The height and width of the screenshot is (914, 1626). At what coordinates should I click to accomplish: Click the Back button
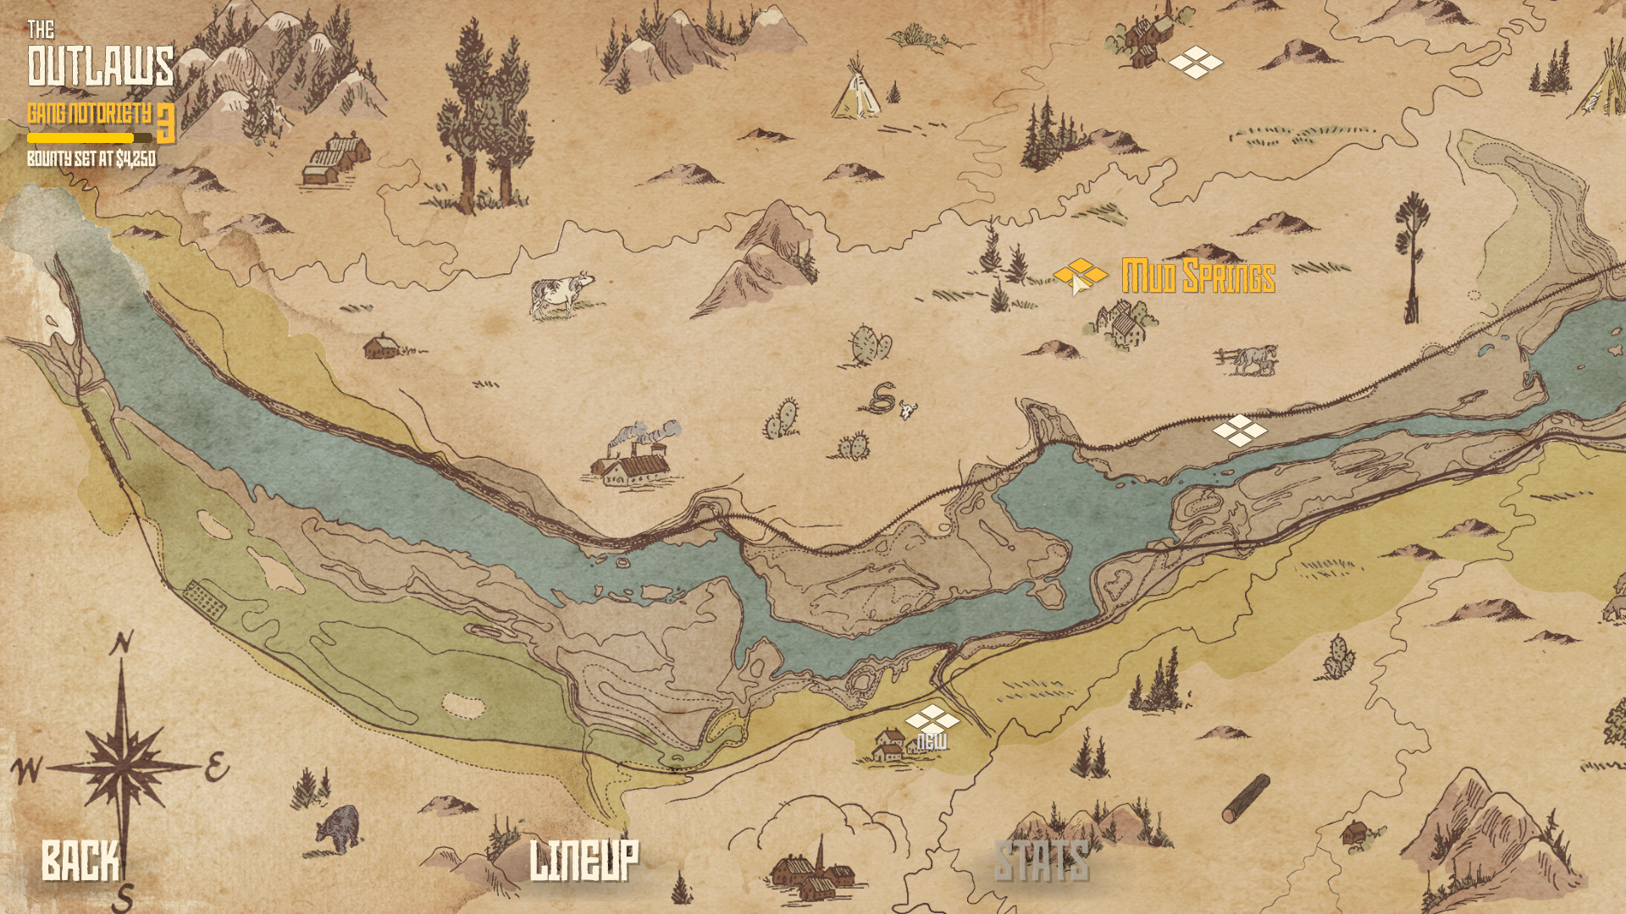[x=80, y=861]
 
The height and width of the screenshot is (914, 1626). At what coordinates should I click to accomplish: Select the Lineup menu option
[x=583, y=861]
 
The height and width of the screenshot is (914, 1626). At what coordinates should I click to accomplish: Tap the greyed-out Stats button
[x=1041, y=862]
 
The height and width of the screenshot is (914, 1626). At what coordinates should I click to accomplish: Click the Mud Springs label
[x=1197, y=277]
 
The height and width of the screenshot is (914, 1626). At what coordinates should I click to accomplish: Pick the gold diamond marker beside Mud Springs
[x=1080, y=274]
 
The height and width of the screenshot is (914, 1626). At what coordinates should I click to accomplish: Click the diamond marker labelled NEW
[x=932, y=720]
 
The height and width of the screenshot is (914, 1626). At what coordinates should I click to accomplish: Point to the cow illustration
[x=560, y=295]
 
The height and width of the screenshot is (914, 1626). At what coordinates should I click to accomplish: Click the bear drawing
[x=339, y=828]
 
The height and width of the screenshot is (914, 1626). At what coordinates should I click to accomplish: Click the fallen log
[x=1246, y=798]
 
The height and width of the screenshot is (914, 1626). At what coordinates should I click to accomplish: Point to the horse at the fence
[x=1252, y=360]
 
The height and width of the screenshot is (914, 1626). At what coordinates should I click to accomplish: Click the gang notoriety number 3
[x=166, y=124]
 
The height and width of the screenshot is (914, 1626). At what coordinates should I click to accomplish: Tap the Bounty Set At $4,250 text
[x=91, y=159]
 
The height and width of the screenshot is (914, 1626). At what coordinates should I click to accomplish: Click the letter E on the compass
[x=217, y=768]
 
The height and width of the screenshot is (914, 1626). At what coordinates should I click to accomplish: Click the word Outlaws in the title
[x=101, y=66]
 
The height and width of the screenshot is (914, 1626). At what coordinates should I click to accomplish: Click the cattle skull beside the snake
[x=908, y=410]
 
